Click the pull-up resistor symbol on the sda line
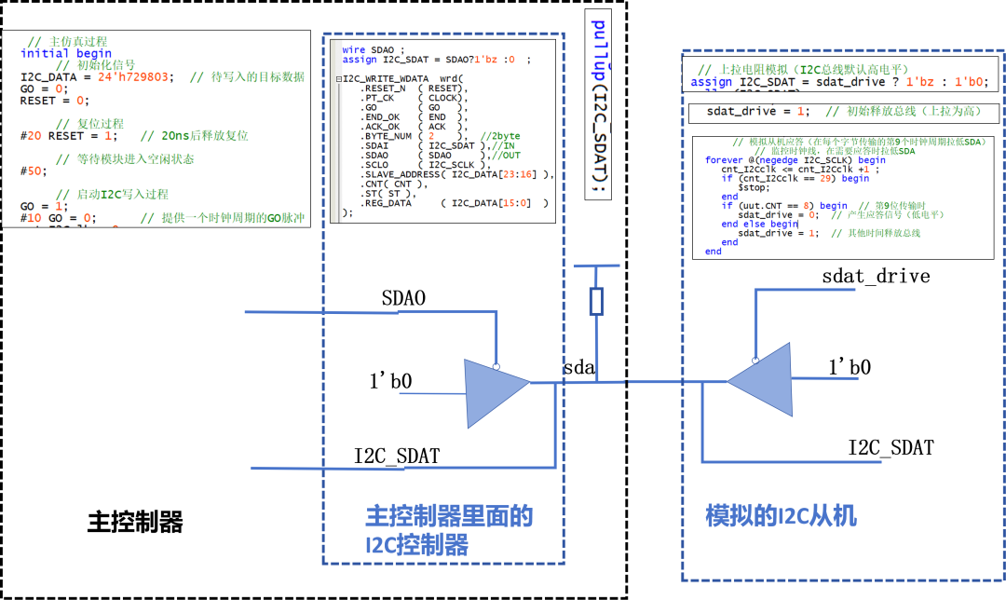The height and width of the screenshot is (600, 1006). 597,301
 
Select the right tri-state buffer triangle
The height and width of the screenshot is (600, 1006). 759,381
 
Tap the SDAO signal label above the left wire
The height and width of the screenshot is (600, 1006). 402,299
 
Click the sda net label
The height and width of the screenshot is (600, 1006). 578,368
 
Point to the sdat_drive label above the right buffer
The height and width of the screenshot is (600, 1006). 876,276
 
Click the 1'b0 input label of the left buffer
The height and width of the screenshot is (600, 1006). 391,381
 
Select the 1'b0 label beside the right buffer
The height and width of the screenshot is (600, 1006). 850,367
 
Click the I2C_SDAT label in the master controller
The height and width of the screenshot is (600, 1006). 396,456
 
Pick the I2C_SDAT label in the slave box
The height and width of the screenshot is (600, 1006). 890,447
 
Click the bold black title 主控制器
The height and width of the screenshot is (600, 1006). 135,522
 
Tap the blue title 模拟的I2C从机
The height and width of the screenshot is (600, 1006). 781,516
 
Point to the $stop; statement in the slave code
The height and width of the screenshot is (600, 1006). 754,187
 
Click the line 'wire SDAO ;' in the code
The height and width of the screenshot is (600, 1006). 374,49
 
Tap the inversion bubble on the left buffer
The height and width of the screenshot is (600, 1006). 497,366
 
